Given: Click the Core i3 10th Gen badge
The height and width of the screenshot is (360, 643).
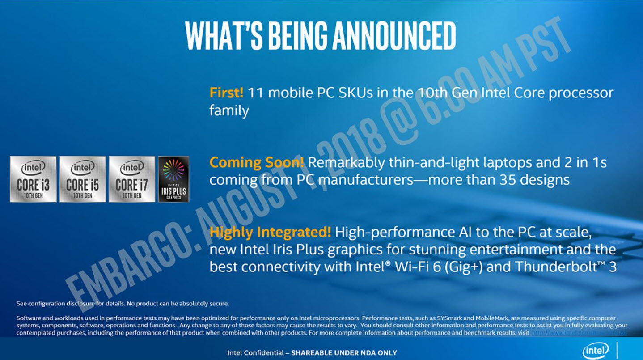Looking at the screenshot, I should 33,179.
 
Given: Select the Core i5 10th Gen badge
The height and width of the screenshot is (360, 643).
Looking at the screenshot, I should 82,179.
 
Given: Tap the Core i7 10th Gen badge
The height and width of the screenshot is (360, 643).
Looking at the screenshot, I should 131,179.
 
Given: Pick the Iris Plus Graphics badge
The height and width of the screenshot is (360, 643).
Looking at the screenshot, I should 173,179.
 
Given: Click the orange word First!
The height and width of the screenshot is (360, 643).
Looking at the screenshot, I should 226,93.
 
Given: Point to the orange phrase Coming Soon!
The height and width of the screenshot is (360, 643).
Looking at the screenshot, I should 256,163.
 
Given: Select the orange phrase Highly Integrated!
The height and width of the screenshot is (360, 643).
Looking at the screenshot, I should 270,232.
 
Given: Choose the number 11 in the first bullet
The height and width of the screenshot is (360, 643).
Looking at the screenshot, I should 254,93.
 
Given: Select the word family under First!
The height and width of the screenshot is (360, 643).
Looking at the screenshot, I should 229,110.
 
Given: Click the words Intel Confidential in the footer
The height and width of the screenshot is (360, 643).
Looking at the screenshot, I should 254,352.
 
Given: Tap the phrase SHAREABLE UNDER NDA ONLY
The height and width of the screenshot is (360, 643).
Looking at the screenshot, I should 344,352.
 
